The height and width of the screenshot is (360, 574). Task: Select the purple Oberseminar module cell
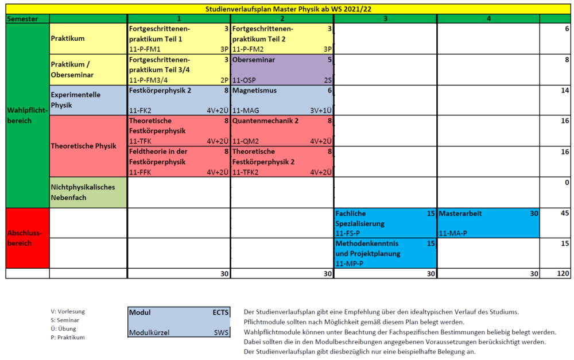point(282,69)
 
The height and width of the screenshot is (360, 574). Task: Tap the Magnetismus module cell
point(282,100)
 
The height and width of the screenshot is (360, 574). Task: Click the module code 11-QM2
point(245,141)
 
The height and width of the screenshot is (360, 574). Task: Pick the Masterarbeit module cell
point(488,223)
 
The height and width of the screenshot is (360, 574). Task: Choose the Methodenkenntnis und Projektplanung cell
point(385,253)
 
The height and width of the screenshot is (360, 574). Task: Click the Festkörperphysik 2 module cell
point(179,100)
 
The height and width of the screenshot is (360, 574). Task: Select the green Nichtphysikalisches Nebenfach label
point(88,192)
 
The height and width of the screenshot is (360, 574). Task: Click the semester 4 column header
point(488,19)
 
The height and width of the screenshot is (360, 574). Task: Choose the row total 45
point(565,213)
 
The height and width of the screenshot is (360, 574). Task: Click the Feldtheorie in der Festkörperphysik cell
point(179,161)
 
